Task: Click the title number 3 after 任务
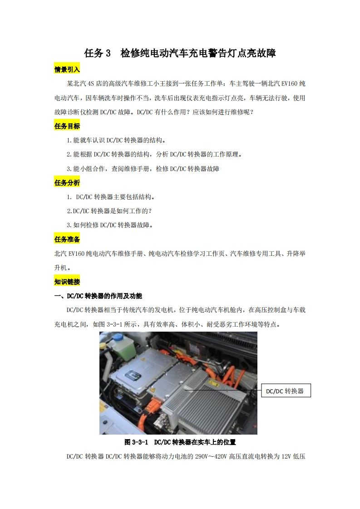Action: coord(108,54)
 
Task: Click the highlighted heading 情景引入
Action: coord(67,69)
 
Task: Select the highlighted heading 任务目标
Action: coord(67,126)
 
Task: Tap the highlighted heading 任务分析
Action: coord(67,183)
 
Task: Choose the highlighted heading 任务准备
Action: coord(67,239)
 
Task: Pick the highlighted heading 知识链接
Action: coord(67,282)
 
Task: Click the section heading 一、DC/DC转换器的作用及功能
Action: coord(98,296)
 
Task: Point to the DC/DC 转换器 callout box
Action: coord(286,391)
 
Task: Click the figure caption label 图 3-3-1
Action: coord(137,442)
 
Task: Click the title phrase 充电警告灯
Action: coord(217,54)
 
